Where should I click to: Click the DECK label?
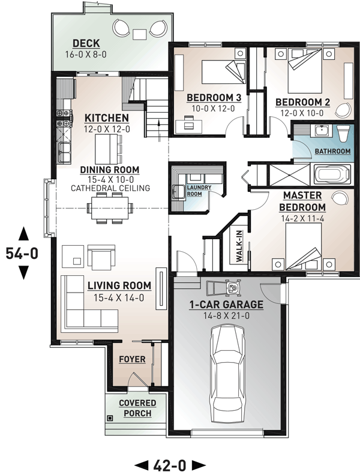[86, 43]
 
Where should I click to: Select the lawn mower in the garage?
[224, 288]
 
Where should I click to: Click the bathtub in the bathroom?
[332, 174]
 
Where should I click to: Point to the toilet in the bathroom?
[343, 134]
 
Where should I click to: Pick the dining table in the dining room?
[110, 209]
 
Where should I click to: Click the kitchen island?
[106, 149]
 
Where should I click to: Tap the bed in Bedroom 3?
[223, 72]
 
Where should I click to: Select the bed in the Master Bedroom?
[304, 246]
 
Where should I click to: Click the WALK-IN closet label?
[239, 246]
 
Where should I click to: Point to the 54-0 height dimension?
[22, 254]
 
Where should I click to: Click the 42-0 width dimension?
[170, 465]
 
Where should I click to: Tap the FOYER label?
[132, 359]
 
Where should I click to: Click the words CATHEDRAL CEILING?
[110, 188]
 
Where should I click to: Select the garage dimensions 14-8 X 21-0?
[227, 316]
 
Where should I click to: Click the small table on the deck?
[140, 34]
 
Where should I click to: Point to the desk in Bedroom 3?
[189, 125]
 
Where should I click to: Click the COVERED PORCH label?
[137, 408]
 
